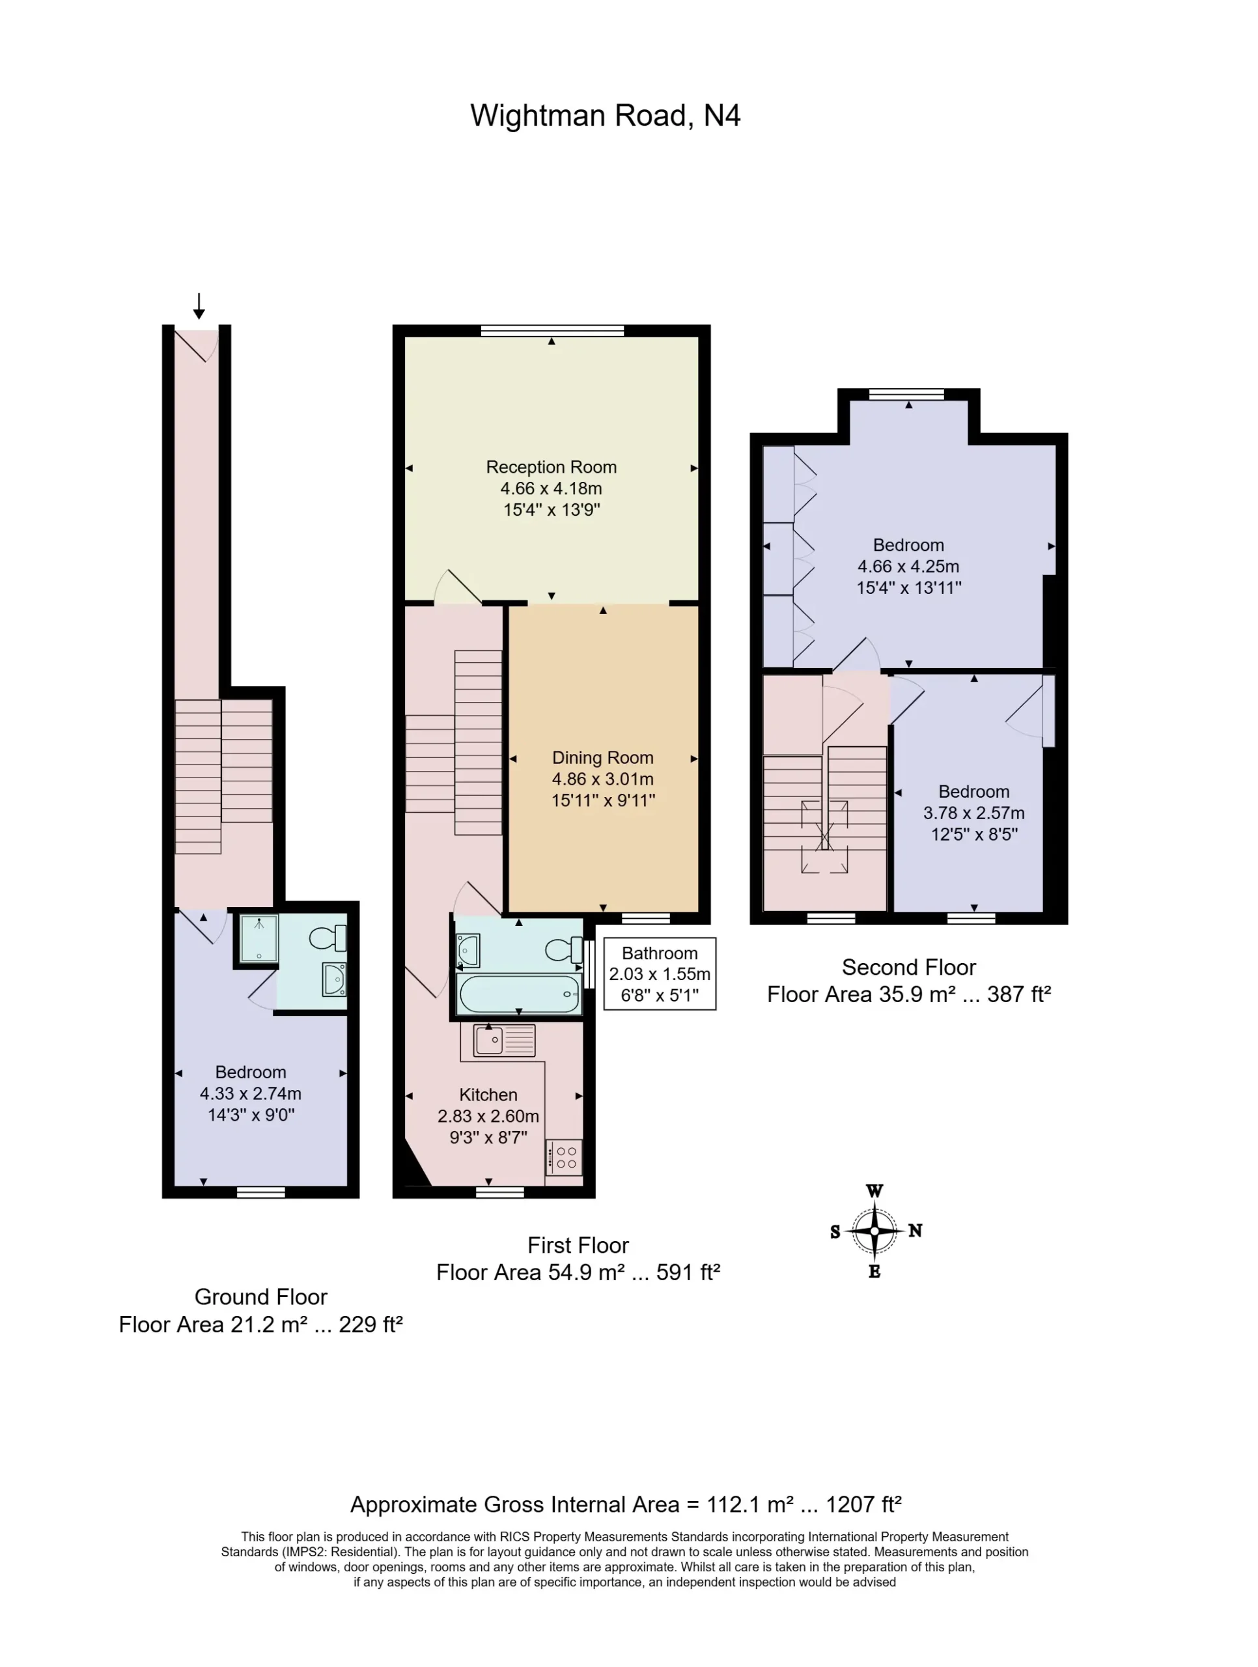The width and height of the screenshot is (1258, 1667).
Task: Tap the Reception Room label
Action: tap(551, 468)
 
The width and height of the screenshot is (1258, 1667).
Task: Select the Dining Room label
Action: tap(602, 757)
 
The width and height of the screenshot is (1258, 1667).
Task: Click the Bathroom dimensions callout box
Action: tap(660, 974)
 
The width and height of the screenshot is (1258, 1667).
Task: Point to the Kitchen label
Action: tap(488, 1095)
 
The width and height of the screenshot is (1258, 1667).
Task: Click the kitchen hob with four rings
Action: tap(565, 1156)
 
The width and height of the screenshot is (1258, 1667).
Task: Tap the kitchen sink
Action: tap(504, 1041)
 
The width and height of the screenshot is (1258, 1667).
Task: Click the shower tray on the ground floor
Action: tap(259, 938)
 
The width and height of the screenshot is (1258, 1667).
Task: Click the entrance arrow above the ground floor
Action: tap(199, 306)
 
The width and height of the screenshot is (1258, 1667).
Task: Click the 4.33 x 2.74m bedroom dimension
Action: tap(250, 1093)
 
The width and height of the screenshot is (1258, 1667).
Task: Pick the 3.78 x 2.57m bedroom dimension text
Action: tap(974, 813)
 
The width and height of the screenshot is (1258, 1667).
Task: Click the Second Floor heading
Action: tap(908, 967)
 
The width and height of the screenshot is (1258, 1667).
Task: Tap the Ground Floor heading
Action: tap(261, 1296)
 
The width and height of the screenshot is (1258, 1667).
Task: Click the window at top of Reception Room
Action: tap(553, 330)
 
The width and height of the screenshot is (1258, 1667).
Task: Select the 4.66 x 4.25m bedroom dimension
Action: tap(908, 566)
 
